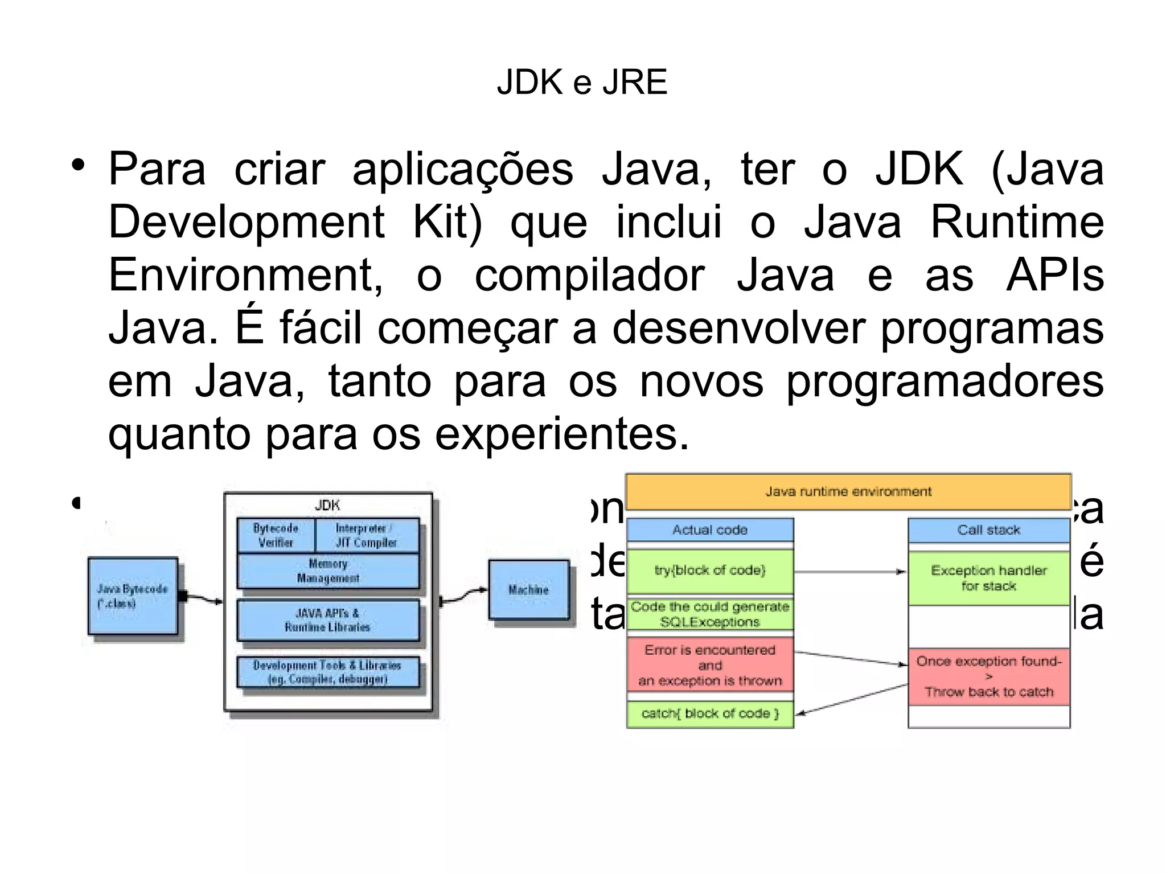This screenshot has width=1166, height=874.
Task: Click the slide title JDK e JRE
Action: pos(582,83)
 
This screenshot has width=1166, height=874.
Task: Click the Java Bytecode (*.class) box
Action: pos(133,596)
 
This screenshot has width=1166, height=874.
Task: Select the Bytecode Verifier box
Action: pos(276,535)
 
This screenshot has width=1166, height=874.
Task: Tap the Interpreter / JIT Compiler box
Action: pos(366,535)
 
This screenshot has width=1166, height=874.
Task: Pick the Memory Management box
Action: pos(328,571)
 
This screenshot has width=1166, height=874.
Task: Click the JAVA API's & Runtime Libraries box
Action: pos(327,620)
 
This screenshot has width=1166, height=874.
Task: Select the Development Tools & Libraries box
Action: pos(327,672)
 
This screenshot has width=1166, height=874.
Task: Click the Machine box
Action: pos(529,590)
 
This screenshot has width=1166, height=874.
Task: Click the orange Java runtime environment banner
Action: pos(848,491)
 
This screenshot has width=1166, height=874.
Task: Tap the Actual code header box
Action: pos(709,530)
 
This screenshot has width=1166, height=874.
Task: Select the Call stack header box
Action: pos(989,530)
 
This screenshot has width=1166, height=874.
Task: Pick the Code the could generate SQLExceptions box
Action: pos(709,614)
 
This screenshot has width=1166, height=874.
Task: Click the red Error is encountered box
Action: pos(709,665)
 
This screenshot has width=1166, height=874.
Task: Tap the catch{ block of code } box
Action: pos(709,714)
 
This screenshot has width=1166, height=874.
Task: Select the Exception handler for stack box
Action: pos(989,578)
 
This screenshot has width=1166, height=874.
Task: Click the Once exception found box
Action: pos(989,676)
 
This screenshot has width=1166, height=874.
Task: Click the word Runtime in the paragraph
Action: pos(1016,223)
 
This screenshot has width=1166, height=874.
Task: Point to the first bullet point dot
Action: pos(78,166)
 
